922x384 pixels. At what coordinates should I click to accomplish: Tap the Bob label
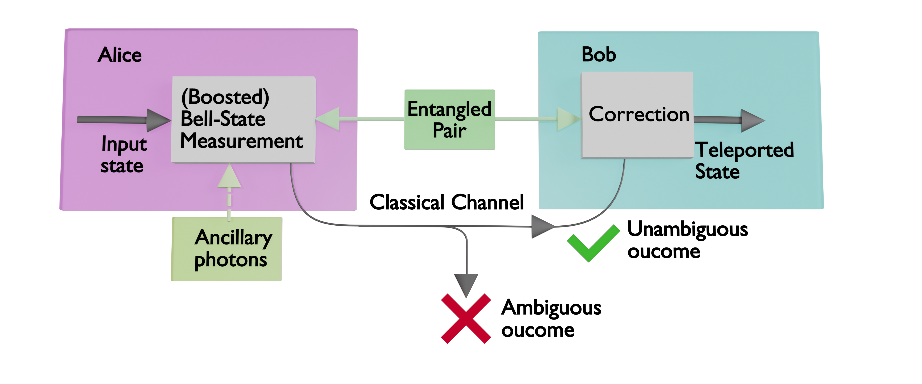pos(599,55)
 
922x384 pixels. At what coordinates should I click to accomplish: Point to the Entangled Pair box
pos(450,119)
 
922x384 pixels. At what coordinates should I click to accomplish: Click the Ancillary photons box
pos(227,249)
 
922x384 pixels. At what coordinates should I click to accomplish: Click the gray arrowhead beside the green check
pos(541,226)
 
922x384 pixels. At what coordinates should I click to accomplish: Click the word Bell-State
pos(223,119)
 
